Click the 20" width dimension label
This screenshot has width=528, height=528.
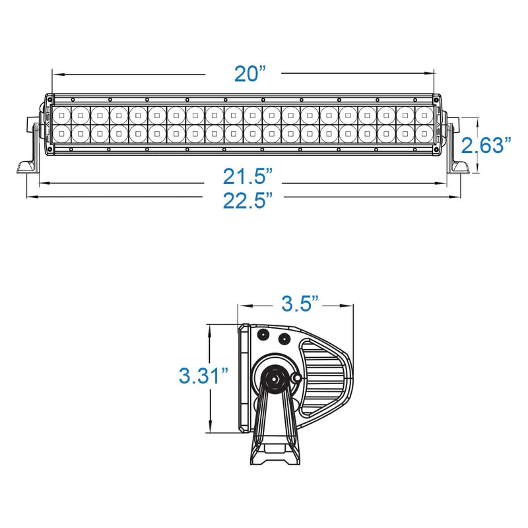tap(250, 74)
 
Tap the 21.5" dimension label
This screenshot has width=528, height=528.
tap(247, 176)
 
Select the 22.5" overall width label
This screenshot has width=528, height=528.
tap(247, 201)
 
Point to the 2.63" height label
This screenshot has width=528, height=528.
tap(486, 145)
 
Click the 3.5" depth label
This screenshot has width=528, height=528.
tap(300, 304)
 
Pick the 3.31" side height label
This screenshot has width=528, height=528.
tap(204, 376)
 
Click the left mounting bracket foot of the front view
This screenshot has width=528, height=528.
tap(28, 167)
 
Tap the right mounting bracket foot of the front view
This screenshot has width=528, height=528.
tap(458, 168)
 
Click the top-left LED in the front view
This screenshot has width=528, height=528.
tap(61, 115)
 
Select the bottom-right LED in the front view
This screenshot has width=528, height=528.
tap(424, 134)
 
